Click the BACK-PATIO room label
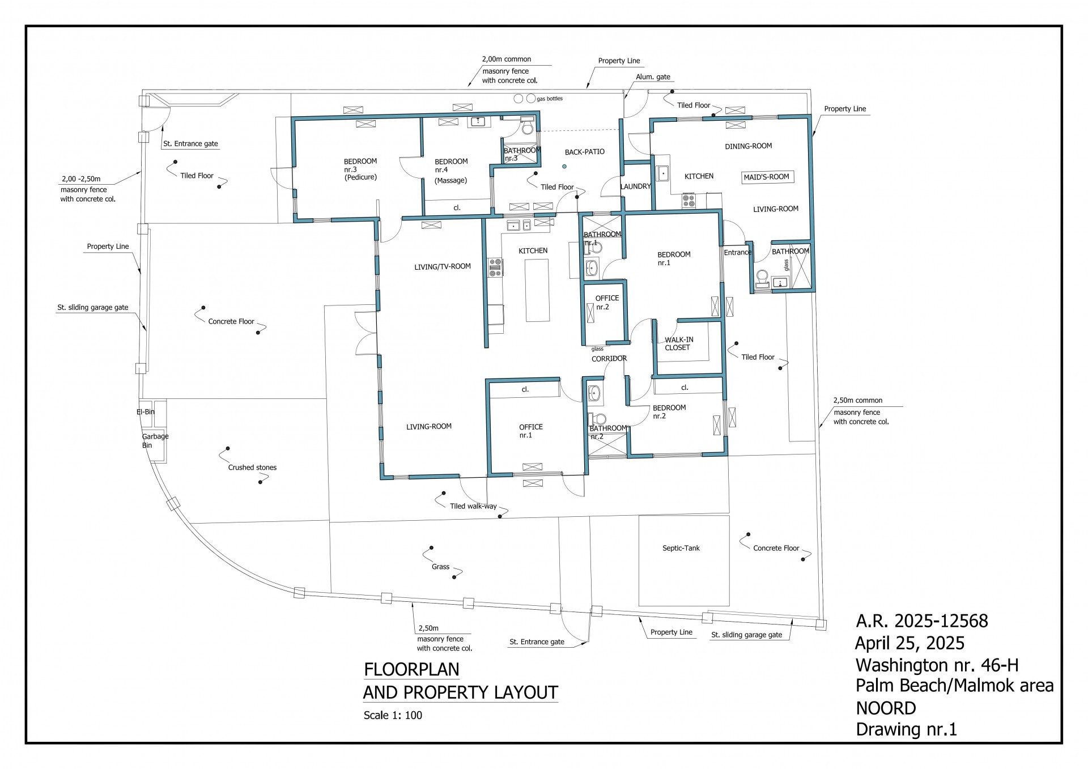[585, 152]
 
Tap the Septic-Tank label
[681, 548]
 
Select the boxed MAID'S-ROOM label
[766, 177]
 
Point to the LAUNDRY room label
[636, 186]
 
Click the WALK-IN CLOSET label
[678, 343]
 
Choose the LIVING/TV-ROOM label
[443, 266]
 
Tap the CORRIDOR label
[609, 358]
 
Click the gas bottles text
[550, 99]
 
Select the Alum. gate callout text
[653, 77]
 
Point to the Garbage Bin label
[155, 440]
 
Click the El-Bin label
[146, 411]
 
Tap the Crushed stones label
[252, 468]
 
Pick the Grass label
[440, 567]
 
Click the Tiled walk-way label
[473, 506]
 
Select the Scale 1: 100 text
[393, 715]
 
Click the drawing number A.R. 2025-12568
[922, 621]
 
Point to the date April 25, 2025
[910, 643]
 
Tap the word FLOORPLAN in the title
[411, 669]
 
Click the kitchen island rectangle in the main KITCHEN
[537, 290]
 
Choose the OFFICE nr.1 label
[531, 431]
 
